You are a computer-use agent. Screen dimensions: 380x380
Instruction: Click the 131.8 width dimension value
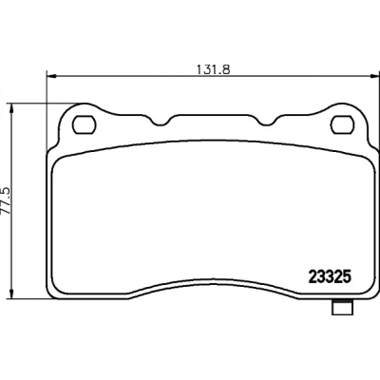tap(213, 69)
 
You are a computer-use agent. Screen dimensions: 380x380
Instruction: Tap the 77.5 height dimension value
tap(7, 201)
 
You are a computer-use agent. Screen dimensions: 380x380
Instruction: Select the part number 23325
tap(330, 277)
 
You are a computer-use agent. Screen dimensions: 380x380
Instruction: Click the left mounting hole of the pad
tap(84, 125)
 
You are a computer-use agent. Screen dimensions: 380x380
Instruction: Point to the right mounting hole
tap(343, 125)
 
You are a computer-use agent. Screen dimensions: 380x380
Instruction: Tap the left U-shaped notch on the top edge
tap(161, 122)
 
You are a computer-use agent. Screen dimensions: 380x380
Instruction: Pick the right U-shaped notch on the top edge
tap(267, 122)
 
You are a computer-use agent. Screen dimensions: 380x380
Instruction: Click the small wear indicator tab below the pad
tap(342, 307)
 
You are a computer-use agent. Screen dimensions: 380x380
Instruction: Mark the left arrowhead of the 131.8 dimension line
tap(51, 76)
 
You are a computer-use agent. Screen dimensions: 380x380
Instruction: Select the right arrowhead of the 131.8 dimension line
tap(375, 76)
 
